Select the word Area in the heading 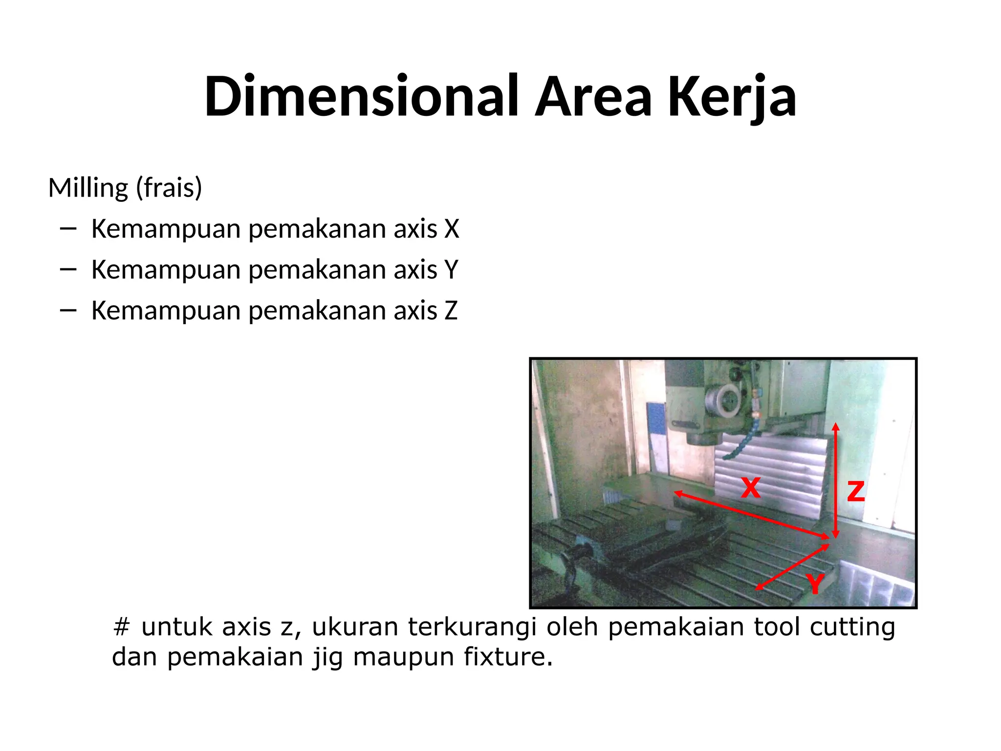tap(593, 96)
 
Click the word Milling tap(88, 188)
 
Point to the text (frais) tap(169, 188)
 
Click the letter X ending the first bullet tap(452, 229)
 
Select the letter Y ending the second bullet tap(451, 270)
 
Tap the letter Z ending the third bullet tap(451, 311)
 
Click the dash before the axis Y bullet tap(68, 269)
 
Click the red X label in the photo tap(750, 487)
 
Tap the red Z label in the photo tap(856, 491)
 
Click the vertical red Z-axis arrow tap(835, 479)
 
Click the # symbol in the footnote tap(121, 627)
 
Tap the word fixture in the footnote tap(508, 657)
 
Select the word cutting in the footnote tap(852, 627)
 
